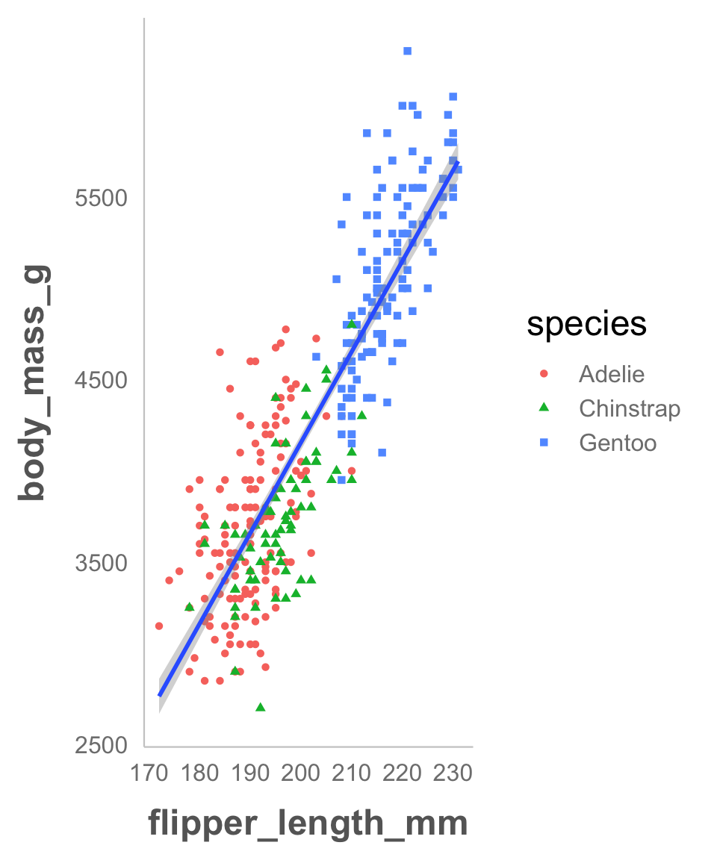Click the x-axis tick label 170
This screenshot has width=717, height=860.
pyautogui.click(x=149, y=773)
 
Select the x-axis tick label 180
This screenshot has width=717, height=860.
pyautogui.click(x=199, y=773)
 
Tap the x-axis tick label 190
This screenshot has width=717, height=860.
pyautogui.click(x=250, y=773)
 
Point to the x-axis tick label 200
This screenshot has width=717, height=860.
pyautogui.click(x=301, y=773)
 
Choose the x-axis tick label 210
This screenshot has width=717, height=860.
pyautogui.click(x=352, y=773)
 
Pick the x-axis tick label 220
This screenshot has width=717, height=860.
pyautogui.click(x=402, y=773)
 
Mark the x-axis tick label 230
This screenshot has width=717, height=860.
pyautogui.click(x=453, y=773)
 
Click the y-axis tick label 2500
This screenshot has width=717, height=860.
pyautogui.click(x=102, y=745)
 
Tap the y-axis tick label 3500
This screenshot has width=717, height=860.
pyautogui.click(x=102, y=564)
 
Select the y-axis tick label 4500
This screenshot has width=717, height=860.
pyautogui.click(x=102, y=380)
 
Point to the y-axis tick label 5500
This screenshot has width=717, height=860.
pyautogui.click(x=102, y=198)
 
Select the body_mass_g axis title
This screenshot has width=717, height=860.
pyautogui.click(x=34, y=383)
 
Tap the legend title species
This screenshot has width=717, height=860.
pyautogui.click(x=586, y=325)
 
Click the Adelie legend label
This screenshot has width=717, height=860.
pyautogui.click(x=612, y=374)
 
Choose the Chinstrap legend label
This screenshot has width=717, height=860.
pyautogui.click(x=630, y=409)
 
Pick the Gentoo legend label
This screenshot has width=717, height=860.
pyautogui.click(x=618, y=443)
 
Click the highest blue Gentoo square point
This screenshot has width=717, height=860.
pyautogui.click(x=407, y=51)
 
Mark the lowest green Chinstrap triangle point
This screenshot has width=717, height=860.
pyautogui.click(x=261, y=707)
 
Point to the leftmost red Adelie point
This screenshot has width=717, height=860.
pyautogui.click(x=159, y=626)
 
